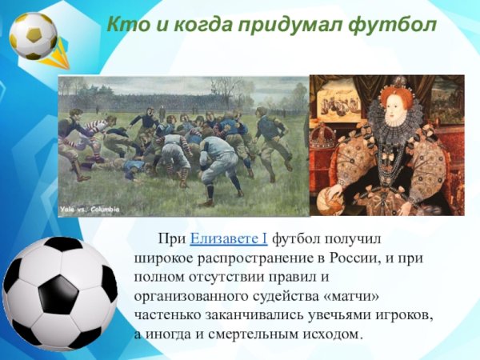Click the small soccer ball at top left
(x=33, y=36)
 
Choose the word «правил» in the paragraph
(x=298, y=278)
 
